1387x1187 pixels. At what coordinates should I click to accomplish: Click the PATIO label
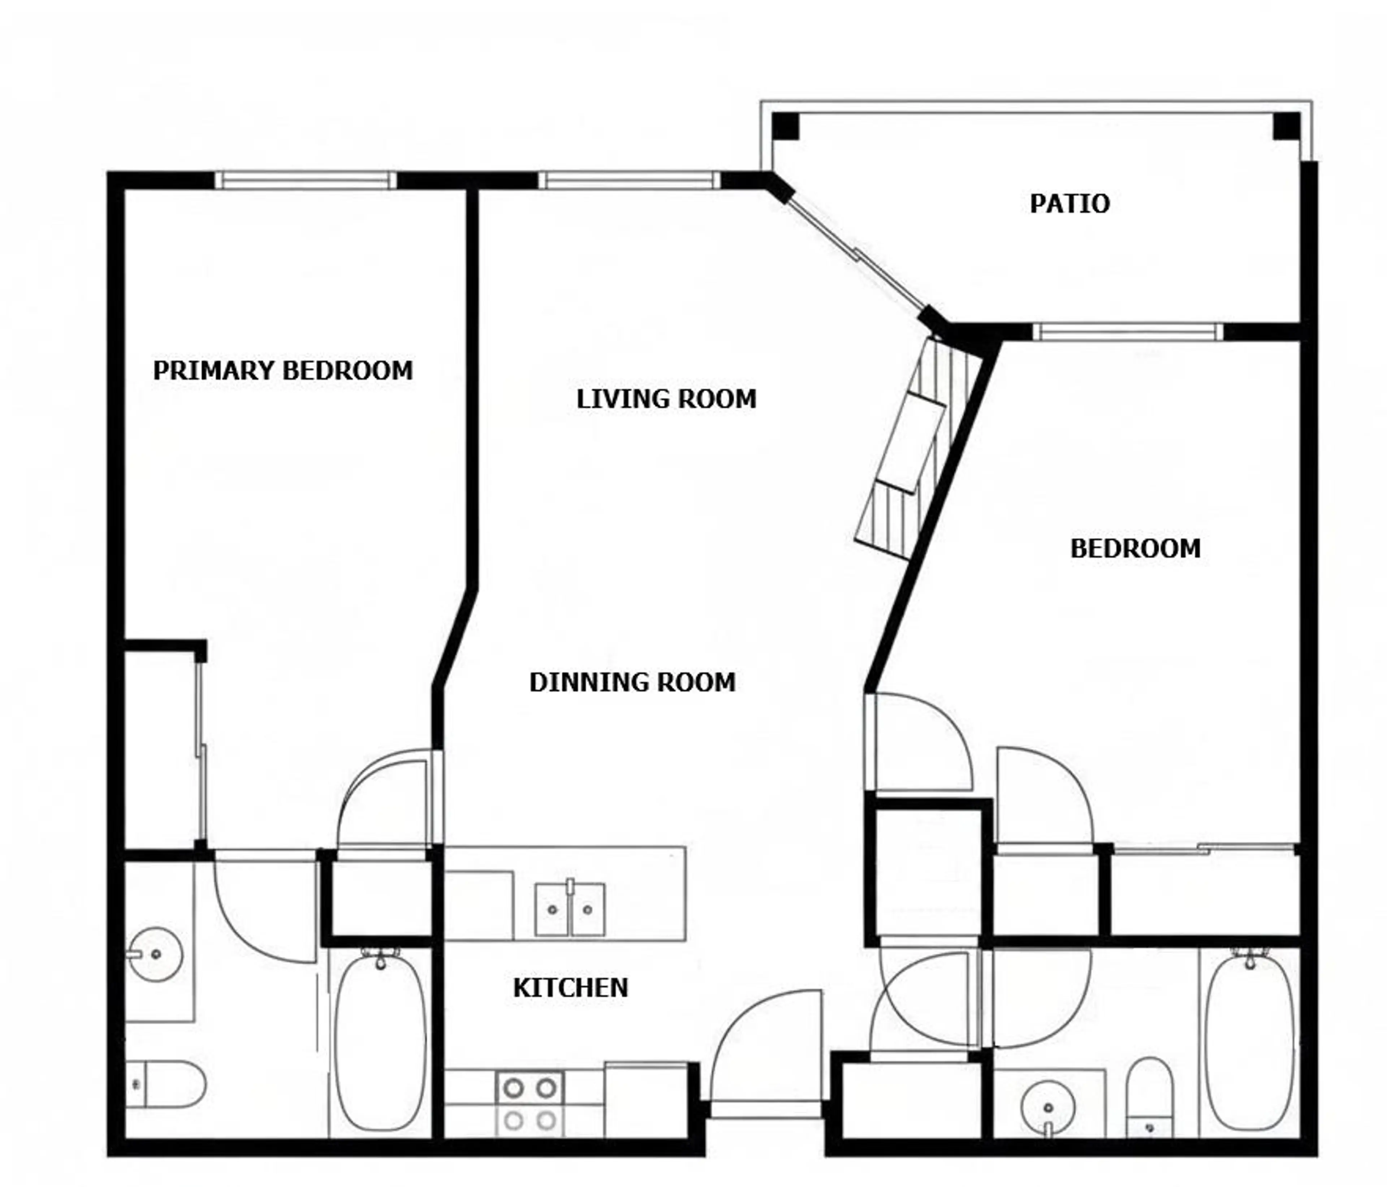coord(1069,203)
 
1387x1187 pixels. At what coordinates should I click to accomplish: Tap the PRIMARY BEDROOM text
coord(282,370)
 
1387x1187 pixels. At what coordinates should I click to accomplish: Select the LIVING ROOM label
coord(666,399)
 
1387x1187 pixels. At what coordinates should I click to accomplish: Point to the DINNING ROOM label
coord(632,682)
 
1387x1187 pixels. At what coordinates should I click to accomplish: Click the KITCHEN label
coord(570,988)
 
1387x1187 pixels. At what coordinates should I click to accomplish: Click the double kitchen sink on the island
coord(570,908)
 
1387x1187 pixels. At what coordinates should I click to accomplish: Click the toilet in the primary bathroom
coord(167,1084)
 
